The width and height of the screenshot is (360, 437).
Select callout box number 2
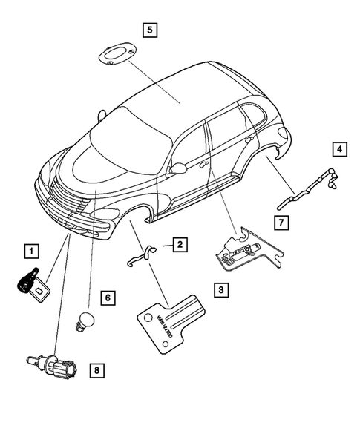[x=181, y=243]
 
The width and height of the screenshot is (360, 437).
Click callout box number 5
[x=150, y=30]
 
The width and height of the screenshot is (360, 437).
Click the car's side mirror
[x=177, y=169]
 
